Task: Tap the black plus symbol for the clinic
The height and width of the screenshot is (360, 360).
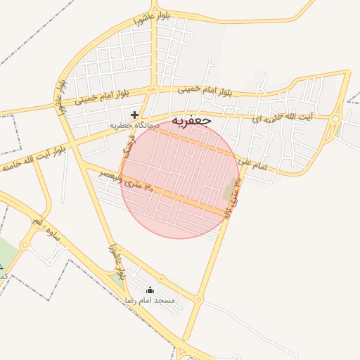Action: point(134,115)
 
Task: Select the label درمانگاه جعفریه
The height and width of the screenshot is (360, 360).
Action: point(132,126)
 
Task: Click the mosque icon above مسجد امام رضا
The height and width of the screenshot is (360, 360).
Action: point(149,290)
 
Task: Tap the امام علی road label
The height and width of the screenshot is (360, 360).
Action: point(253,164)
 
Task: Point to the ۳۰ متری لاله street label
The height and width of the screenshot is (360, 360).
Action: point(233,201)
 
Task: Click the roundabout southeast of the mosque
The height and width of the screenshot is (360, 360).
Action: point(200,300)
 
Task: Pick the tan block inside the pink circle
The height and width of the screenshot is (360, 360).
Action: point(230,188)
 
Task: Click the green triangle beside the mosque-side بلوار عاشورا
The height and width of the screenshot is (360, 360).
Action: point(117,279)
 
